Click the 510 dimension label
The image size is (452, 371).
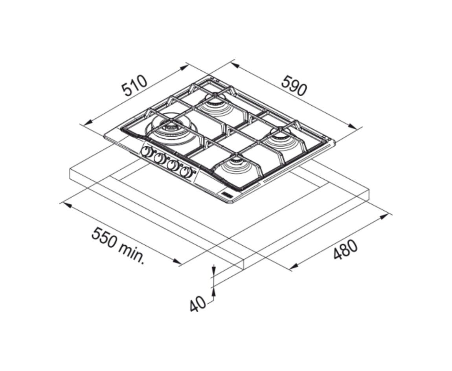[135, 86]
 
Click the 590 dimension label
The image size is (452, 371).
[293, 85]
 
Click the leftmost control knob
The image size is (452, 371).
[147, 152]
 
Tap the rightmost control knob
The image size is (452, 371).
[186, 172]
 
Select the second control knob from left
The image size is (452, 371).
[160, 158]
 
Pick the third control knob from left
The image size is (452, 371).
[173, 165]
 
